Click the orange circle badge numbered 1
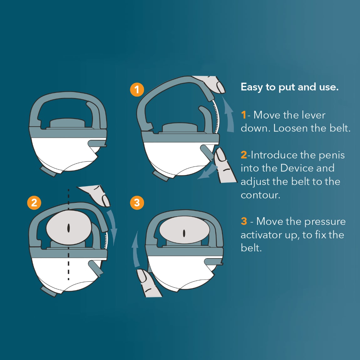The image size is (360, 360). tap(137, 90)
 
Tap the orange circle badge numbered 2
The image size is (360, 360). tap(34, 203)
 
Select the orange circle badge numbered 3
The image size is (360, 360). tap(137, 203)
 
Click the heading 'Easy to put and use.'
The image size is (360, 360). tap(290, 87)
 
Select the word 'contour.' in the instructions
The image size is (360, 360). tap(260, 195)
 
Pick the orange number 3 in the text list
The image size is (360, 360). tap(244, 221)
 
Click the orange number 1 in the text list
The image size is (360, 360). tap(244, 115)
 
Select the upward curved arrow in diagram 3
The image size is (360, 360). tap(135, 250)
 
